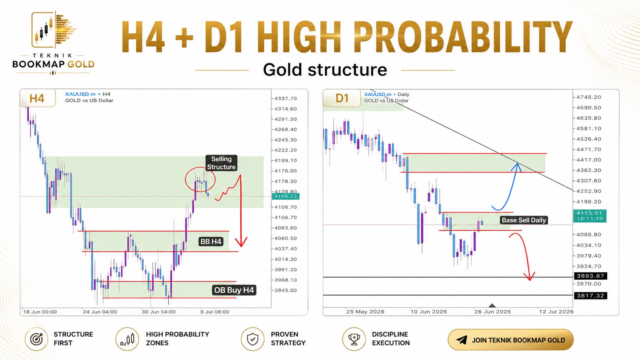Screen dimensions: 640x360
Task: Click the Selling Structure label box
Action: coord(221,163)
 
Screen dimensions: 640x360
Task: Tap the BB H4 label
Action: coord(211,241)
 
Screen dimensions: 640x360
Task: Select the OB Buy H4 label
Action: coord(234,290)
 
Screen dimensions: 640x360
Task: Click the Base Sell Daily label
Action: coord(524,220)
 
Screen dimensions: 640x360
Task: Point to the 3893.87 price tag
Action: coord(590,276)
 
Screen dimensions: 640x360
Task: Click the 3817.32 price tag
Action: coord(590,295)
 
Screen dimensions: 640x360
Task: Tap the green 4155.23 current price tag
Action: coord(286,196)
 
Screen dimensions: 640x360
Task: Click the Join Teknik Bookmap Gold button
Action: coord(511,340)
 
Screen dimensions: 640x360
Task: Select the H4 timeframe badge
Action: coord(38,98)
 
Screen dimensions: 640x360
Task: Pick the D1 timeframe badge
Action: coord(342,98)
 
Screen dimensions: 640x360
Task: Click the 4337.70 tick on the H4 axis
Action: coord(286,98)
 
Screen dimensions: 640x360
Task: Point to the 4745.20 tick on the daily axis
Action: coord(589,97)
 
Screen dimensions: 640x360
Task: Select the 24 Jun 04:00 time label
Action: coord(100,312)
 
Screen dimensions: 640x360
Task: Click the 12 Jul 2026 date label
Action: coord(556,311)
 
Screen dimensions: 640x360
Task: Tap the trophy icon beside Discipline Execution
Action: coord(354,339)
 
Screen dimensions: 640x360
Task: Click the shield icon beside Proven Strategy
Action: coord(253,339)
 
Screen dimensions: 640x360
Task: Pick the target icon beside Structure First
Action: coord(37,339)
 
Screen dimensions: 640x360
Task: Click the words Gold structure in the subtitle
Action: coord(325,69)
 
